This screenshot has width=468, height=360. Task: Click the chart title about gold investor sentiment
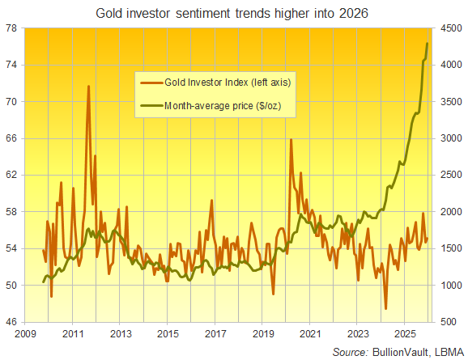[x=234, y=13]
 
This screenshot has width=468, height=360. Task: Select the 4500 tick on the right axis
[x=450, y=28]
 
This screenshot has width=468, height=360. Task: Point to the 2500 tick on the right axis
[x=450, y=175]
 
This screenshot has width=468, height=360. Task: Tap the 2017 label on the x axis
[x=215, y=333]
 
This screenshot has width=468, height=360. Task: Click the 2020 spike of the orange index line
[x=291, y=140]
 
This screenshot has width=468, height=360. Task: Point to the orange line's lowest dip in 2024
[x=386, y=308]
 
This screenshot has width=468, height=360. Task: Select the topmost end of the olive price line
[x=428, y=43]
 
